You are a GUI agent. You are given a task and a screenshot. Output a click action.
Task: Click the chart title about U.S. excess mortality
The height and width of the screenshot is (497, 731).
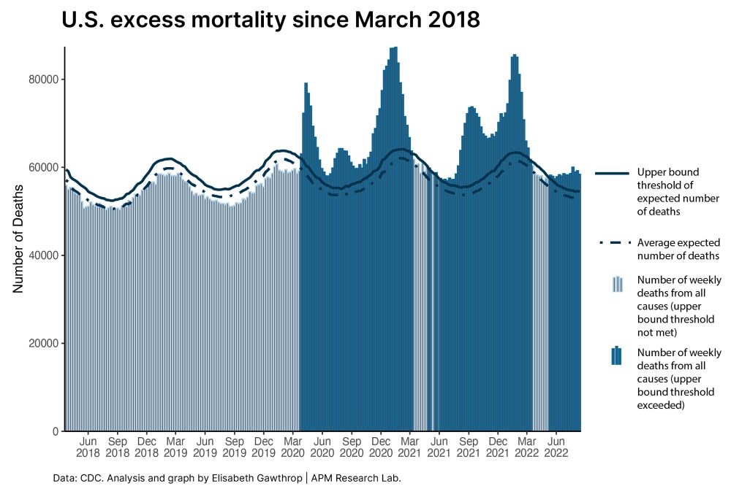click(x=271, y=20)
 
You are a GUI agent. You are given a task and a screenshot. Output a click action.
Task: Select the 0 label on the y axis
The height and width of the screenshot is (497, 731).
click(x=56, y=431)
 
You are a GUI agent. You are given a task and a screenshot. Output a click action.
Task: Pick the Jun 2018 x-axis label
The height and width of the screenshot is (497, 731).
click(x=88, y=447)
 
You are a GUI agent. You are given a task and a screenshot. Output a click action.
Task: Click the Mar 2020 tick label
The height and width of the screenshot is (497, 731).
click(x=292, y=447)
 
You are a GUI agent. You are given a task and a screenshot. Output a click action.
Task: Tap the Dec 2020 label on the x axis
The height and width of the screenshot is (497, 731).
click(x=381, y=447)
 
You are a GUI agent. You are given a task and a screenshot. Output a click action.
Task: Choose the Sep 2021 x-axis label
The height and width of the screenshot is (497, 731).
click(x=469, y=447)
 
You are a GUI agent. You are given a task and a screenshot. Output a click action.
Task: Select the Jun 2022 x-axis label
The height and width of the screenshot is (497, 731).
click(x=556, y=447)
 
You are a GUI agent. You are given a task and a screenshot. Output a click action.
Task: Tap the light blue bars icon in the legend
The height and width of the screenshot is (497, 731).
click(x=617, y=284)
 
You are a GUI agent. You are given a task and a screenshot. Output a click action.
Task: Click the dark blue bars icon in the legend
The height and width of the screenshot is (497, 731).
click(x=617, y=355)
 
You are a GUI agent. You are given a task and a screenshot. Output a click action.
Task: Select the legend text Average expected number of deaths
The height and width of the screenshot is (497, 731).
click(x=678, y=249)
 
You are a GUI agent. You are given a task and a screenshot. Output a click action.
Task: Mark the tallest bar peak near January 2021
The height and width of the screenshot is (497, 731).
click(x=394, y=48)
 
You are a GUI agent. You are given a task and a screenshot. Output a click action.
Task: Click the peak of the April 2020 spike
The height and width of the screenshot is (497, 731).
click(x=306, y=84)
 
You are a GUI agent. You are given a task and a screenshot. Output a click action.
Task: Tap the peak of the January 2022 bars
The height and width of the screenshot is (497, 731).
click(x=515, y=55)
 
